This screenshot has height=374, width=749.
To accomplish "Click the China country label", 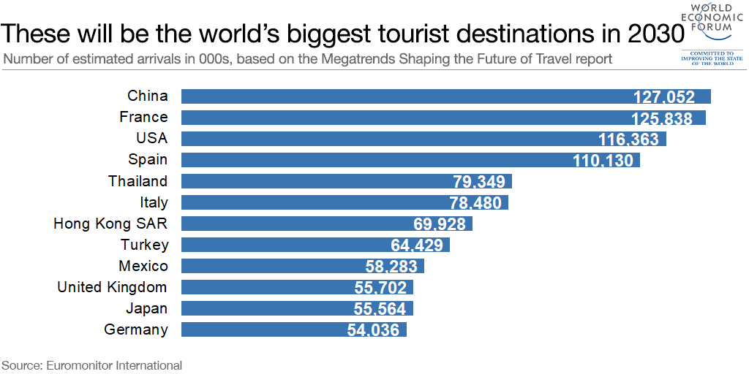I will (147, 96).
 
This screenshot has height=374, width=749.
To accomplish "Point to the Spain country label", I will (148, 160).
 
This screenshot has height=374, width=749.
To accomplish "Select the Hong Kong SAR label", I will (110, 224).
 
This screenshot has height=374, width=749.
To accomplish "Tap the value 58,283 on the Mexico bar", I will (391, 267).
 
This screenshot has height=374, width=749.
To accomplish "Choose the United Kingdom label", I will (112, 287).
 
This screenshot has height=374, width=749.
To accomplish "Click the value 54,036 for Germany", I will (373, 330).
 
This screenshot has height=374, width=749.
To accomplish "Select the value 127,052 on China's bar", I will (672, 97).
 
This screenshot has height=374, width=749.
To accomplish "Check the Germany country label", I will (136, 329).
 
